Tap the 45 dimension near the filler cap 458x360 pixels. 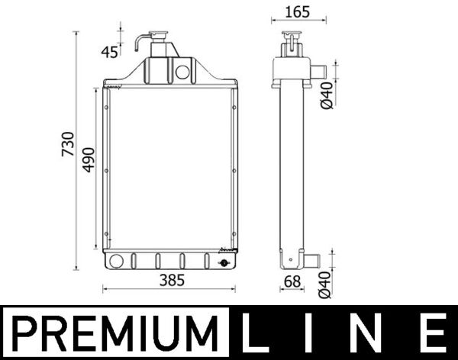[111, 52]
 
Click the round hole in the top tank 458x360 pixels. [182, 72]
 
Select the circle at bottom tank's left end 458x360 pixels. [117, 261]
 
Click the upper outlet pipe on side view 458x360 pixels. [317, 72]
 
